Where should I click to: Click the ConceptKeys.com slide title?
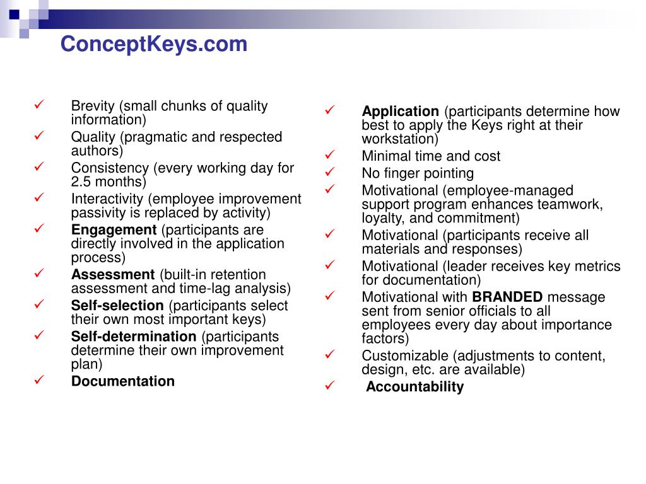pyautogui.click(x=154, y=45)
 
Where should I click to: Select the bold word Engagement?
pyautogui.click(x=114, y=230)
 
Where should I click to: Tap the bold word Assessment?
pyautogui.click(x=113, y=275)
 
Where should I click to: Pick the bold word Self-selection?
pyautogui.click(x=117, y=306)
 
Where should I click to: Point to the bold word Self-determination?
pyautogui.click(x=134, y=337)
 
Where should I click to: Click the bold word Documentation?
pyautogui.click(x=123, y=381)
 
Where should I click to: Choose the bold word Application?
pyautogui.click(x=401, y=112)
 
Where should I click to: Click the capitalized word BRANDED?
pyautogui.click(x=507, y=297)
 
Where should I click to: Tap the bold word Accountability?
pyautogui.click(x=414, y=387)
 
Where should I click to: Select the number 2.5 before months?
pyautogui.click(x=81, y=182)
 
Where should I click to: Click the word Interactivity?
pyautogui.click(x=107, y=199)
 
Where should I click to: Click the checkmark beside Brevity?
pyautogui.click(x=39, y=105)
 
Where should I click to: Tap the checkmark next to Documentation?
pyautogui.click(x=39, y=380)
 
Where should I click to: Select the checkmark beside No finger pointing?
pyautogui.click(x=330, y=172)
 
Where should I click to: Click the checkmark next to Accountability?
pyautogui.click(x=330, y=386)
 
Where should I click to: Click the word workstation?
pyautogui.click(x=397, y=139)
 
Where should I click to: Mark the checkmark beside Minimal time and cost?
pyautogui.click(x=330, y=155)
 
